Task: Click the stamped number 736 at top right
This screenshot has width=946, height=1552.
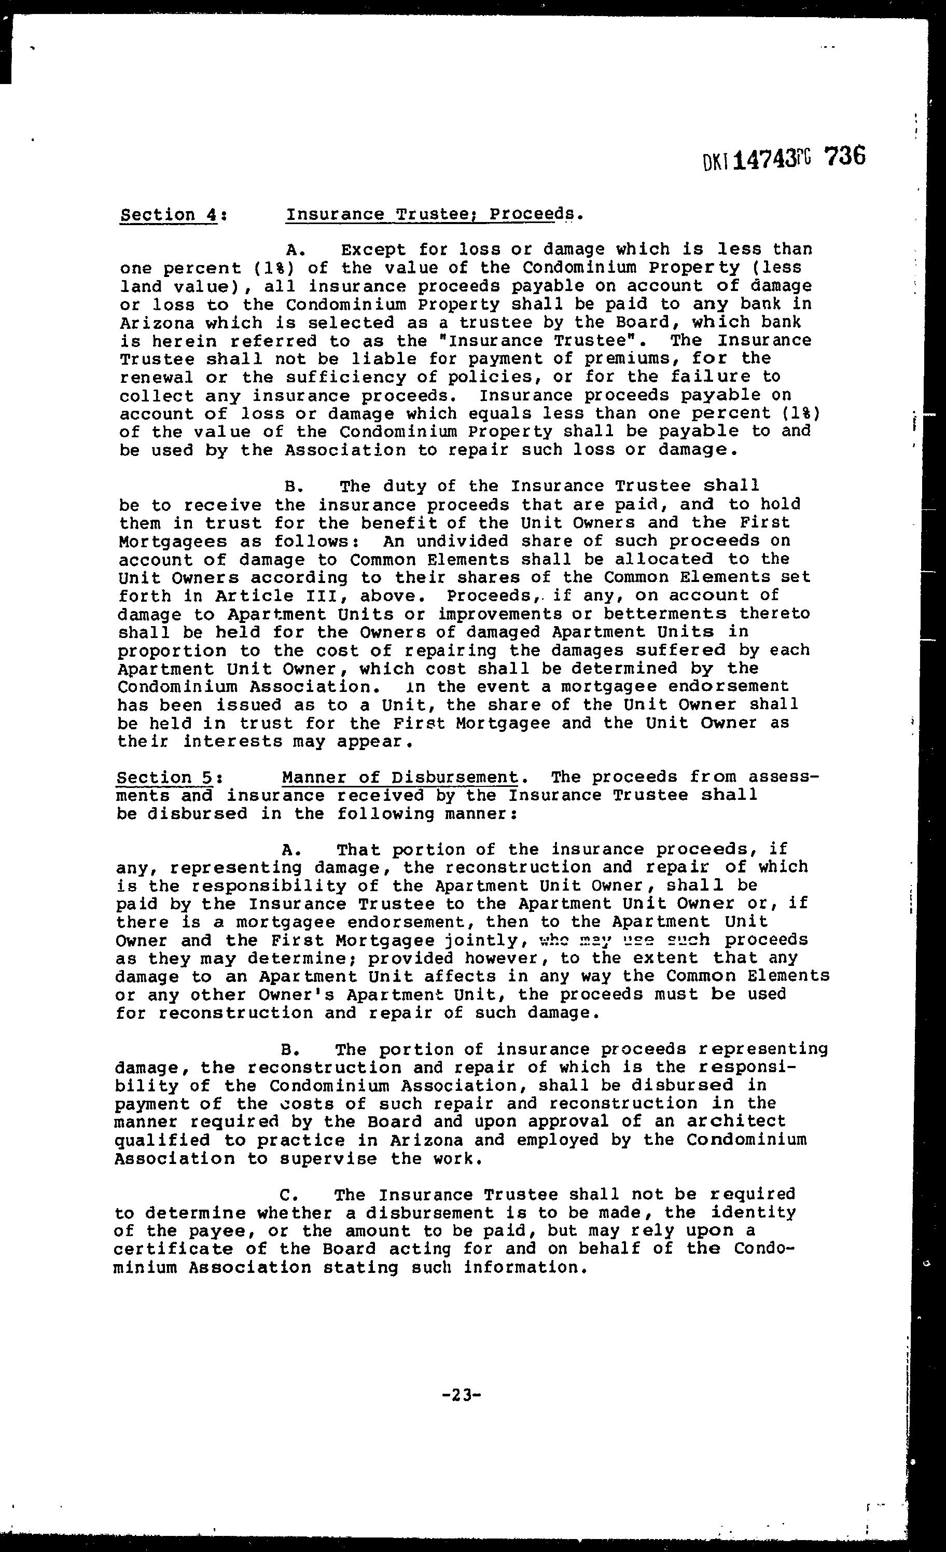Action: click(x=844, y=156)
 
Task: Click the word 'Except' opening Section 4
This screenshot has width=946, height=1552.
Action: click(x=373, y=250)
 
